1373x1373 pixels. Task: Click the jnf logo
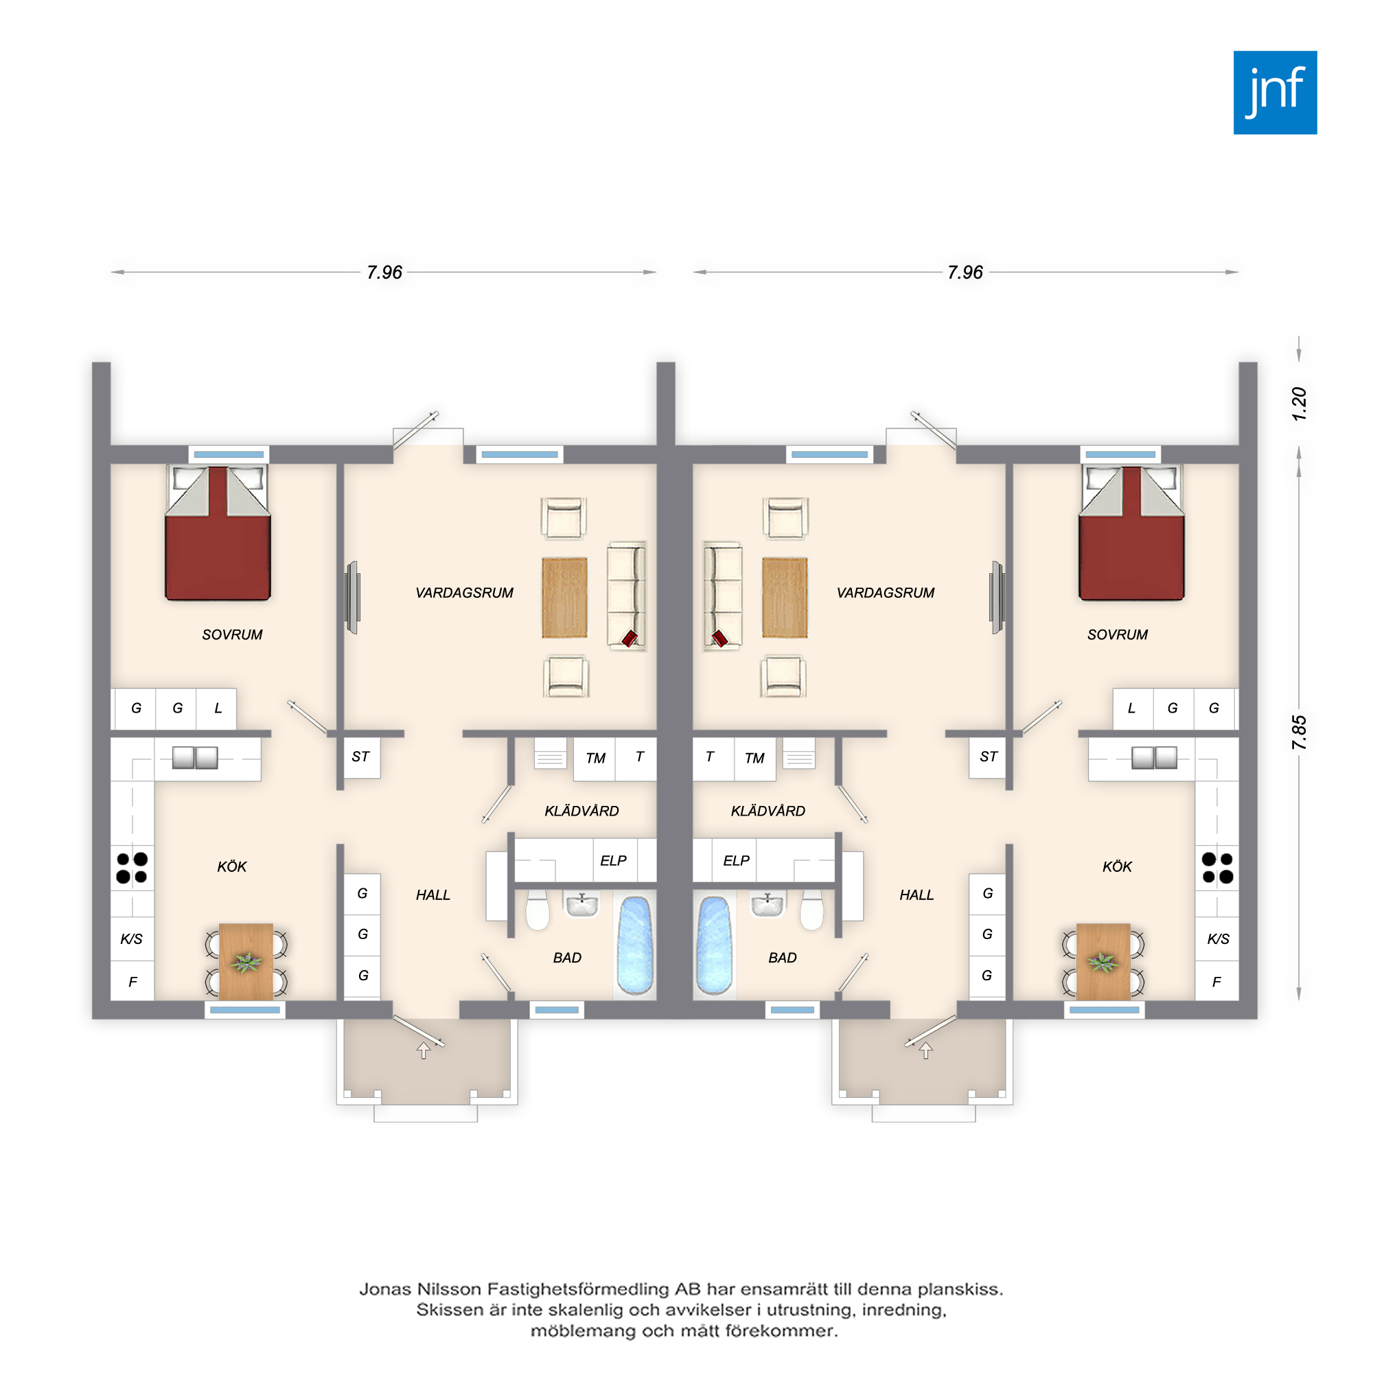point(1275,93)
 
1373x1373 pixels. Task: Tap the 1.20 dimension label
point(1299,404)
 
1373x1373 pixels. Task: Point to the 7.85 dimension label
point(1299,732)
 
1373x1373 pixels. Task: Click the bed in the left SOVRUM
point(218,533)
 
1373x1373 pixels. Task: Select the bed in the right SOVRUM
point(1131,533)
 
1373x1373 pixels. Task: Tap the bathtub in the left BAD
point(634,945)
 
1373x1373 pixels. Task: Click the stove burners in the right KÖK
point(1217,868)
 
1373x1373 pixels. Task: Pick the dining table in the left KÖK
point(246,962)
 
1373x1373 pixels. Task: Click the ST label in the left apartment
point(361,757)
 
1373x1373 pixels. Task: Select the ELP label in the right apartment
point(736,861)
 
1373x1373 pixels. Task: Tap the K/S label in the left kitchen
point(132,938)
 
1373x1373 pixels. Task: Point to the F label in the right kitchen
point(1216,982)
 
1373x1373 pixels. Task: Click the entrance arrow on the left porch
point(424,1050)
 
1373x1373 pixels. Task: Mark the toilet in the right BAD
point(811,909)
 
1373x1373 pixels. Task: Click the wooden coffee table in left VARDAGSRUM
point(564,598)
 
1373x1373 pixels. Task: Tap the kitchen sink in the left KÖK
point(196,758)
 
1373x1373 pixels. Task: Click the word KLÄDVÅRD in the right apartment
point(768,811)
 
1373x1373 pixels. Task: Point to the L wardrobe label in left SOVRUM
point(218,708)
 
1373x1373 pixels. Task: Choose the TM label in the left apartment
point(595,759)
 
